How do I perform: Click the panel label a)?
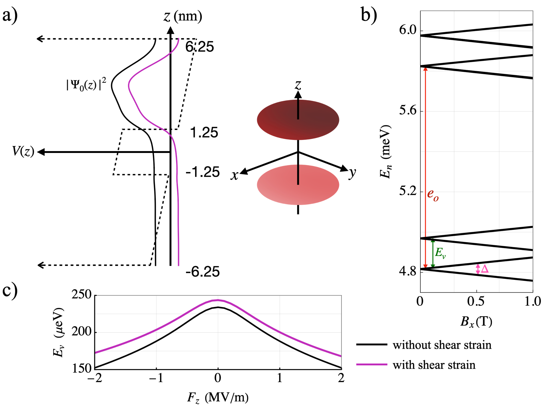pyautogui.click(x=10, y=15)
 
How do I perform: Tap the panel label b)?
pyautogui.click(x=369, y=15)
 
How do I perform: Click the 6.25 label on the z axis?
pyautogui.click(x=200, y=47)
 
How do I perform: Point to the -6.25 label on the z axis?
pyautogui.click(x=202, y=272)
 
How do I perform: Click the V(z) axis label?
pyautogui.click(x=23, y=151)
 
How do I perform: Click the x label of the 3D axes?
pyautogui.click(x=234, y=175)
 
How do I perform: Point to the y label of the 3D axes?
pyautogui.click(x=352, y=173)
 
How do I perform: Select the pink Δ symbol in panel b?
pyautogui.click(x=485, y=269)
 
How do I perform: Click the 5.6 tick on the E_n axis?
pyautogui.click(x=407, y=111)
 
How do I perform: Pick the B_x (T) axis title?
pyautogui.click(x=476, y=322)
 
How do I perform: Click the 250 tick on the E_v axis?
pyautogui.click(x=82, y=294)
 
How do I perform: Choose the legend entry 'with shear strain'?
pyautogui.click(x=434, y=365)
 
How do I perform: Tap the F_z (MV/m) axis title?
pyautogui.click(x=218, y=397)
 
